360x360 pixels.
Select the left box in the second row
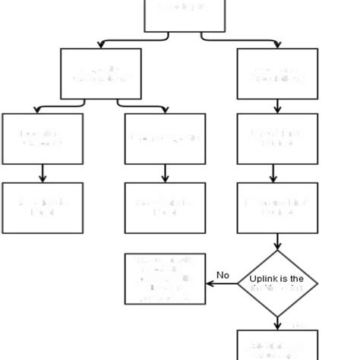pos(101,74)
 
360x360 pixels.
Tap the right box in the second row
pos(277,74)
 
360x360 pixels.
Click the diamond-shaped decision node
pos(277,283)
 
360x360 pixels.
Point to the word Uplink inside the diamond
pos(263,279)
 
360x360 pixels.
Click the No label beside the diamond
pos(223,275)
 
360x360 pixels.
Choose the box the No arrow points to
pos(165,279)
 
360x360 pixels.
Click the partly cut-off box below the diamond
pos(277,345)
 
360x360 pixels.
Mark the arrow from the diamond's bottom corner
pos(277,323)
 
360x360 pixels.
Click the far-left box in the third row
pos(42,138)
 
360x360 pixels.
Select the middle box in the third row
pos(165,138)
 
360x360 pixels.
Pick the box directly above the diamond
pos(277,207)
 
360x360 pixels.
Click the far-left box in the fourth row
pos(42,207)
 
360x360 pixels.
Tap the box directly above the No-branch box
pos(165,207)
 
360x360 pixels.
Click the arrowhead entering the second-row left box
pos(101,46)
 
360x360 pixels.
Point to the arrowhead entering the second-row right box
pos(277,46)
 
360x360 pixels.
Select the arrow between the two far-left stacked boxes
pos(42,172)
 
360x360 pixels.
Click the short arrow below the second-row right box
pos(277,106)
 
